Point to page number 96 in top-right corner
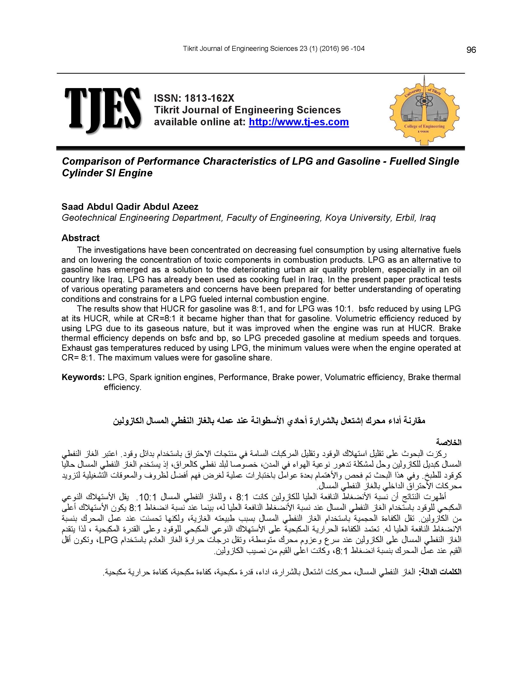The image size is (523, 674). coord(471,50)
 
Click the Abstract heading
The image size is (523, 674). coord(80,238)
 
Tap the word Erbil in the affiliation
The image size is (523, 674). coord(405,218)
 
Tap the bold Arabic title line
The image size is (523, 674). coord(269,421)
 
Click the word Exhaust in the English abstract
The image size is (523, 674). coord(77,348)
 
